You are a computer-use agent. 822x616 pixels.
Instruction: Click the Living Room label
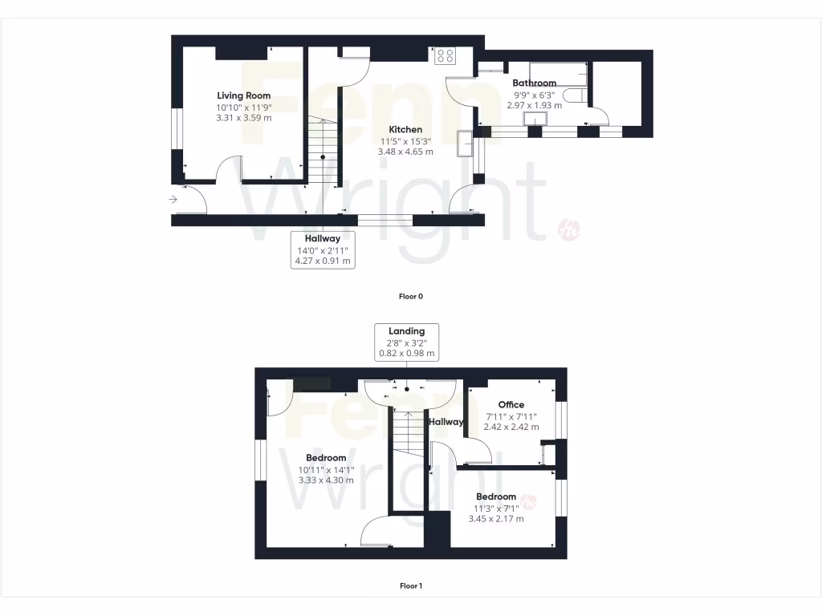pos(243,95)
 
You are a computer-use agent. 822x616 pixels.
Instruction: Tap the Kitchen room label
pos(405,129)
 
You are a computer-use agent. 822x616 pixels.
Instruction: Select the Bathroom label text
pos(534,83)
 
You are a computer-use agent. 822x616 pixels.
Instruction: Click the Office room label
pos(511,404)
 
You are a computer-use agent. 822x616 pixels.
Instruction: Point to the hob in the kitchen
pos(444,56)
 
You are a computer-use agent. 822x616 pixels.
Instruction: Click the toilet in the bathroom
pos(573,96)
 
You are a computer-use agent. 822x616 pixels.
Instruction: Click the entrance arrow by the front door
pos(173,199)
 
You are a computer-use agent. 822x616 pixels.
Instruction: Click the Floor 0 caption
pos(411,296)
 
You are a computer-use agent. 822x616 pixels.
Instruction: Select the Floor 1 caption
pos(411,586)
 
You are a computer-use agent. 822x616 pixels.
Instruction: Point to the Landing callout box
pos(406,342)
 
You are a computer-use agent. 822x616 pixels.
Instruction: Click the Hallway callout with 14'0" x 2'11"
pos(322,249)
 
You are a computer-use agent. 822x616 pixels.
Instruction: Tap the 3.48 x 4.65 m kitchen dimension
pos(405,152)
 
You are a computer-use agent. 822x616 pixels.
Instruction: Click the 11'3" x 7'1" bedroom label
pos(496,508)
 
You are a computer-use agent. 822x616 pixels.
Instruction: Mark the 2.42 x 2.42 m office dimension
pos(511,427)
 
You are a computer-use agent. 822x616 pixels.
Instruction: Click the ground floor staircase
pos(322,152)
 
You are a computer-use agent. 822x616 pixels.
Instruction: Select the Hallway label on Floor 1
pos(446,422)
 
